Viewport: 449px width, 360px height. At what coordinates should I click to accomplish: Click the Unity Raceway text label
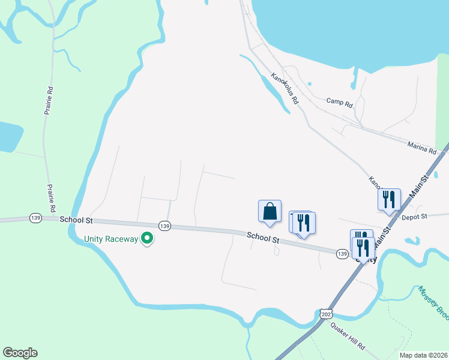point(110,239)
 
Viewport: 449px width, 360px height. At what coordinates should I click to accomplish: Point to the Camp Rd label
point(339,102)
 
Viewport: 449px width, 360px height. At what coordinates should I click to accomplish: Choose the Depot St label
point(414,217)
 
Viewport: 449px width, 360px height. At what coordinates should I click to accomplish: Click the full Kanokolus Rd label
point(284,89)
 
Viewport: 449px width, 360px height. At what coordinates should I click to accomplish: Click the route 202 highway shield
point(326,314)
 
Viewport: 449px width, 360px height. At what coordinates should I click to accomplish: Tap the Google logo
point(20,353)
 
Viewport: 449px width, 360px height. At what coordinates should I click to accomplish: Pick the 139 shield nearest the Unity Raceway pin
point(165,226)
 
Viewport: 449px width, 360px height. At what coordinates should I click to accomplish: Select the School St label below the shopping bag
point(264,239)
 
